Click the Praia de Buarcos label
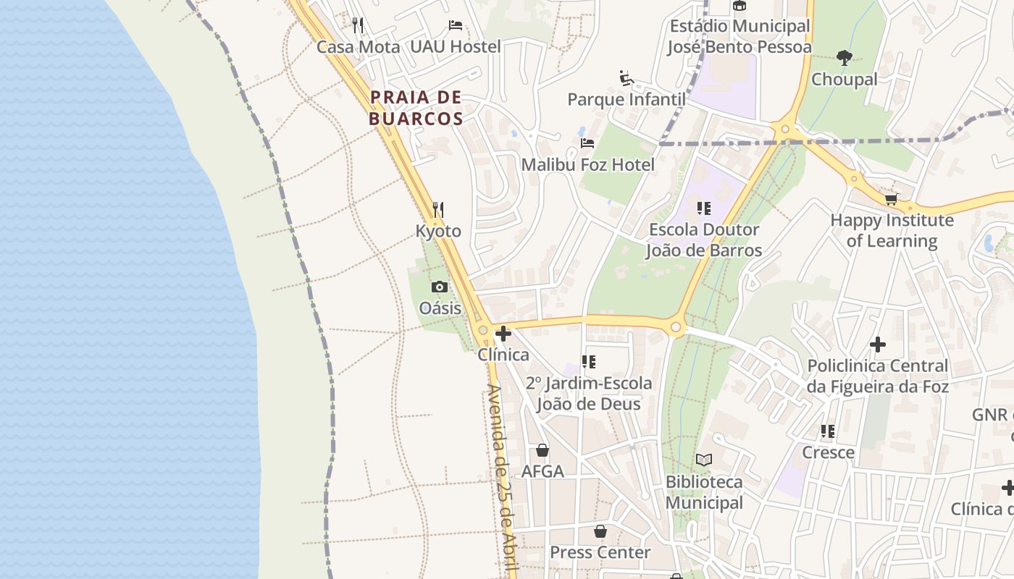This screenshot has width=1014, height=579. pos(416,108)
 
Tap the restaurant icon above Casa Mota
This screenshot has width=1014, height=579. pos(358,25)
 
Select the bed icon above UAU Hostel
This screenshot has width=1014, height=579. pos(455,25)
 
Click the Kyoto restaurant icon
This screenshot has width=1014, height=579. pos(437,210)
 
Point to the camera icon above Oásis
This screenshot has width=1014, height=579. pos(439,287)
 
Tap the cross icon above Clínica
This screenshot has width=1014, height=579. pos(503,334)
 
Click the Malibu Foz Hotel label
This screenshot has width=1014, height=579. pos(587,165)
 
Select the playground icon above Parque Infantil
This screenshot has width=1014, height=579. pos(627,78)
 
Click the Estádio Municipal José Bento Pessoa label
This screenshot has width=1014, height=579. pos(739,37)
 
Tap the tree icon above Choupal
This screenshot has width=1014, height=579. pos(844,58)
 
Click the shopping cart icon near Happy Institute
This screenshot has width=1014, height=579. pos(891,199)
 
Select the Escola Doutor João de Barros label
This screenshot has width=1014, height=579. pos(703,240)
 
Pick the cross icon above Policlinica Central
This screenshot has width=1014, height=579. pos(877,345)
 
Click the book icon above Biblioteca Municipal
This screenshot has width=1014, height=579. pos(703,460)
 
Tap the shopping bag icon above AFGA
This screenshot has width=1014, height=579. pos(542,450)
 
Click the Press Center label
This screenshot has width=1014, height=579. pos(600,552)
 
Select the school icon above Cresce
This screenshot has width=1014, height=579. pos(828,431)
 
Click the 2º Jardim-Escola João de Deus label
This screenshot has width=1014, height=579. pos(588,393)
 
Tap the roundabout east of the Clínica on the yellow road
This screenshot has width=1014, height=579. pos(676,328)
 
